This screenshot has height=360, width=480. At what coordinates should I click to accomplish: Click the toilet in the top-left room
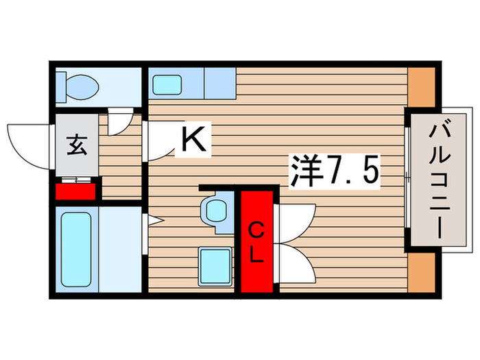[80, 86]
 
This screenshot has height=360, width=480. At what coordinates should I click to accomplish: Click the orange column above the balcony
[420, 86]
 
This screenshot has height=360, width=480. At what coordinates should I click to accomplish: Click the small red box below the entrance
[76, 190]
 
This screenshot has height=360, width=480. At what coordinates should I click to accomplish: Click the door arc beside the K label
[159, 141]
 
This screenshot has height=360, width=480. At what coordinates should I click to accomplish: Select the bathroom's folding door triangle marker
[154, 221]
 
